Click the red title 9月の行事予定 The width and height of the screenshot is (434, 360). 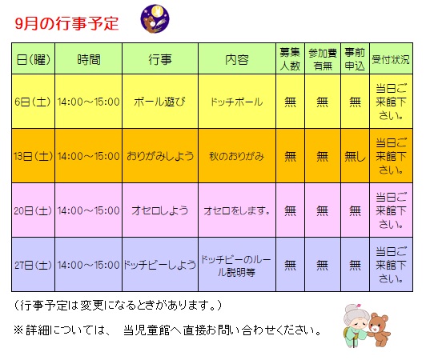pyautogui.click(x=66, y=23)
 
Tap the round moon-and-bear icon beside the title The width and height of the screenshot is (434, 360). pyautogui.click(x=155, y=19)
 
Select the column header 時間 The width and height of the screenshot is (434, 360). pyautogui.click(x=89, y=59)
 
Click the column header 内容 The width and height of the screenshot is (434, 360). pyautogui.click(x=237, y=59)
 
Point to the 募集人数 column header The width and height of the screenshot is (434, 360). pyautogui.click(x=290, y=59)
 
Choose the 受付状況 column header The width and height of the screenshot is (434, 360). pyautogui.click(x=391, y=59)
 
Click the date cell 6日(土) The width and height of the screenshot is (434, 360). pyautogui.click(x=33, y=102)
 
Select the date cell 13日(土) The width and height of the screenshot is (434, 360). pyautogui.click(x=33, y=156)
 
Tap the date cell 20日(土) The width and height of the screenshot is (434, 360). pyautogui.click(x=33, y=210)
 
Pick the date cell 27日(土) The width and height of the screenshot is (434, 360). pyautogui.click(x=33, y=265)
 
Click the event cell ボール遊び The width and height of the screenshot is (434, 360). pyautogui.click(x=159, y=102)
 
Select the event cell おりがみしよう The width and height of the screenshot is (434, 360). pyautogui.click(x=160, y=156)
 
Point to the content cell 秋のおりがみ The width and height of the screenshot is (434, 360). pyautogui.click(x=237, y=156)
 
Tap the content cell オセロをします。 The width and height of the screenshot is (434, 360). pyautogui.click(x=237, y=210)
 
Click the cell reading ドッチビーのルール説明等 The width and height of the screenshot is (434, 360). pyautogui.click(x=236, y=266)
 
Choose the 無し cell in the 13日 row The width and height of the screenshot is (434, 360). pyautogui.click(x=355, y=157)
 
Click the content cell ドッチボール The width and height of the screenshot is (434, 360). pyautogui.click(x=237, y=102)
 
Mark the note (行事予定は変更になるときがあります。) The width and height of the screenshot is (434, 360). pyautogui.click(x=118, y=306)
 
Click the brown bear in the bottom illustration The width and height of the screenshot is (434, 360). pyautogui.click(x=378, y=329)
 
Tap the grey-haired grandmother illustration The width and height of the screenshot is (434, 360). pyautogui.click(x=356, y=325)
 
